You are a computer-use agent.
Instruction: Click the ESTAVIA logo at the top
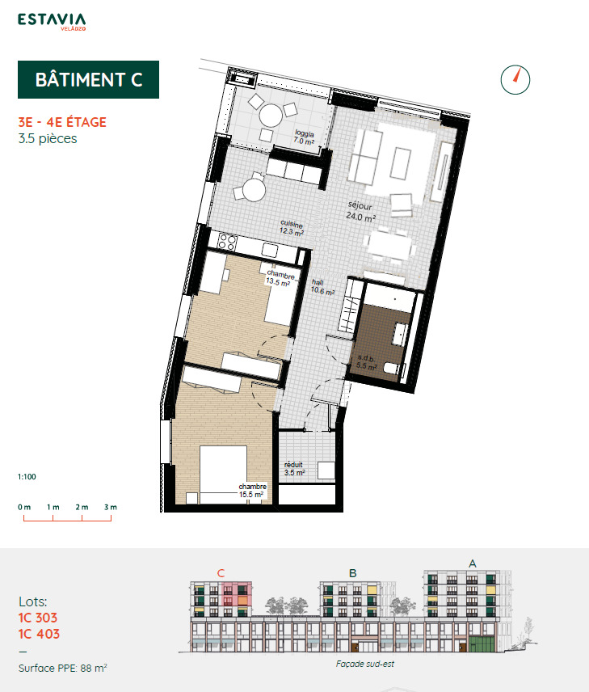[53, 23]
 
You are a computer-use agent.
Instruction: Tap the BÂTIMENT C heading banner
[89, 79]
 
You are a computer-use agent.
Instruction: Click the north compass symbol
[515, 78]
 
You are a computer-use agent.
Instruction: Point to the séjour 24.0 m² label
[361, 212]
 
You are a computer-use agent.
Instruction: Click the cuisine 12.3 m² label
[292, 228]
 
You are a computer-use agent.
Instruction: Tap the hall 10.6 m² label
[322, 288]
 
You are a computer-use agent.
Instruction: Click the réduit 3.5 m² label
[294, 469]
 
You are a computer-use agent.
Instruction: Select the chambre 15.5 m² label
[251, 490]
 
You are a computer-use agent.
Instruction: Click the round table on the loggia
[270, 116]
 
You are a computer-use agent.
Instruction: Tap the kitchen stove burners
[225, 241]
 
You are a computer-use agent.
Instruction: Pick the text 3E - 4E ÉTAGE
[62, 123]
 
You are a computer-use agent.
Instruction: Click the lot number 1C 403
[39, 635]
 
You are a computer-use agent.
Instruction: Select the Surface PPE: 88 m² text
[63, 669]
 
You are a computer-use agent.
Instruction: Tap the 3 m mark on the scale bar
[110, 507]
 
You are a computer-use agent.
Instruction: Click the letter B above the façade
[352, 573]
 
